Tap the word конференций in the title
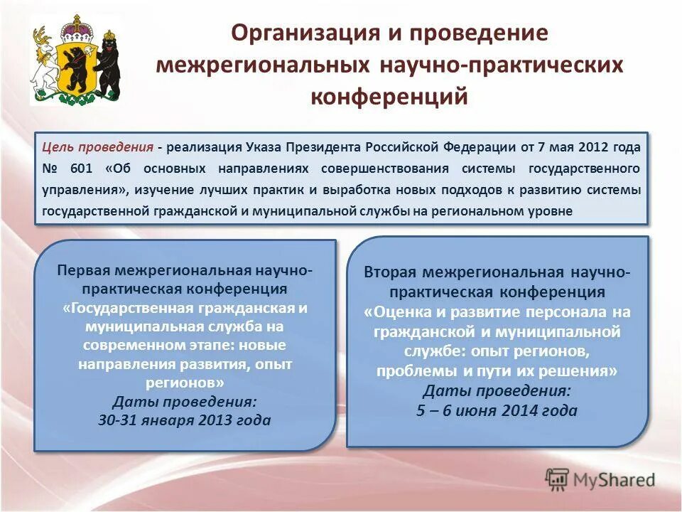(389, 95)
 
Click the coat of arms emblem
(75, 61)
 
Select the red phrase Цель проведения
(98, 147)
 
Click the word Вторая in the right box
(391, 273)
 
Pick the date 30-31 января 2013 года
(185, 420)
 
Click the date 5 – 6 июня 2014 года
(497, 410)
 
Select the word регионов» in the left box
(185, 382)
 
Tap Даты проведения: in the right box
(497, 391)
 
